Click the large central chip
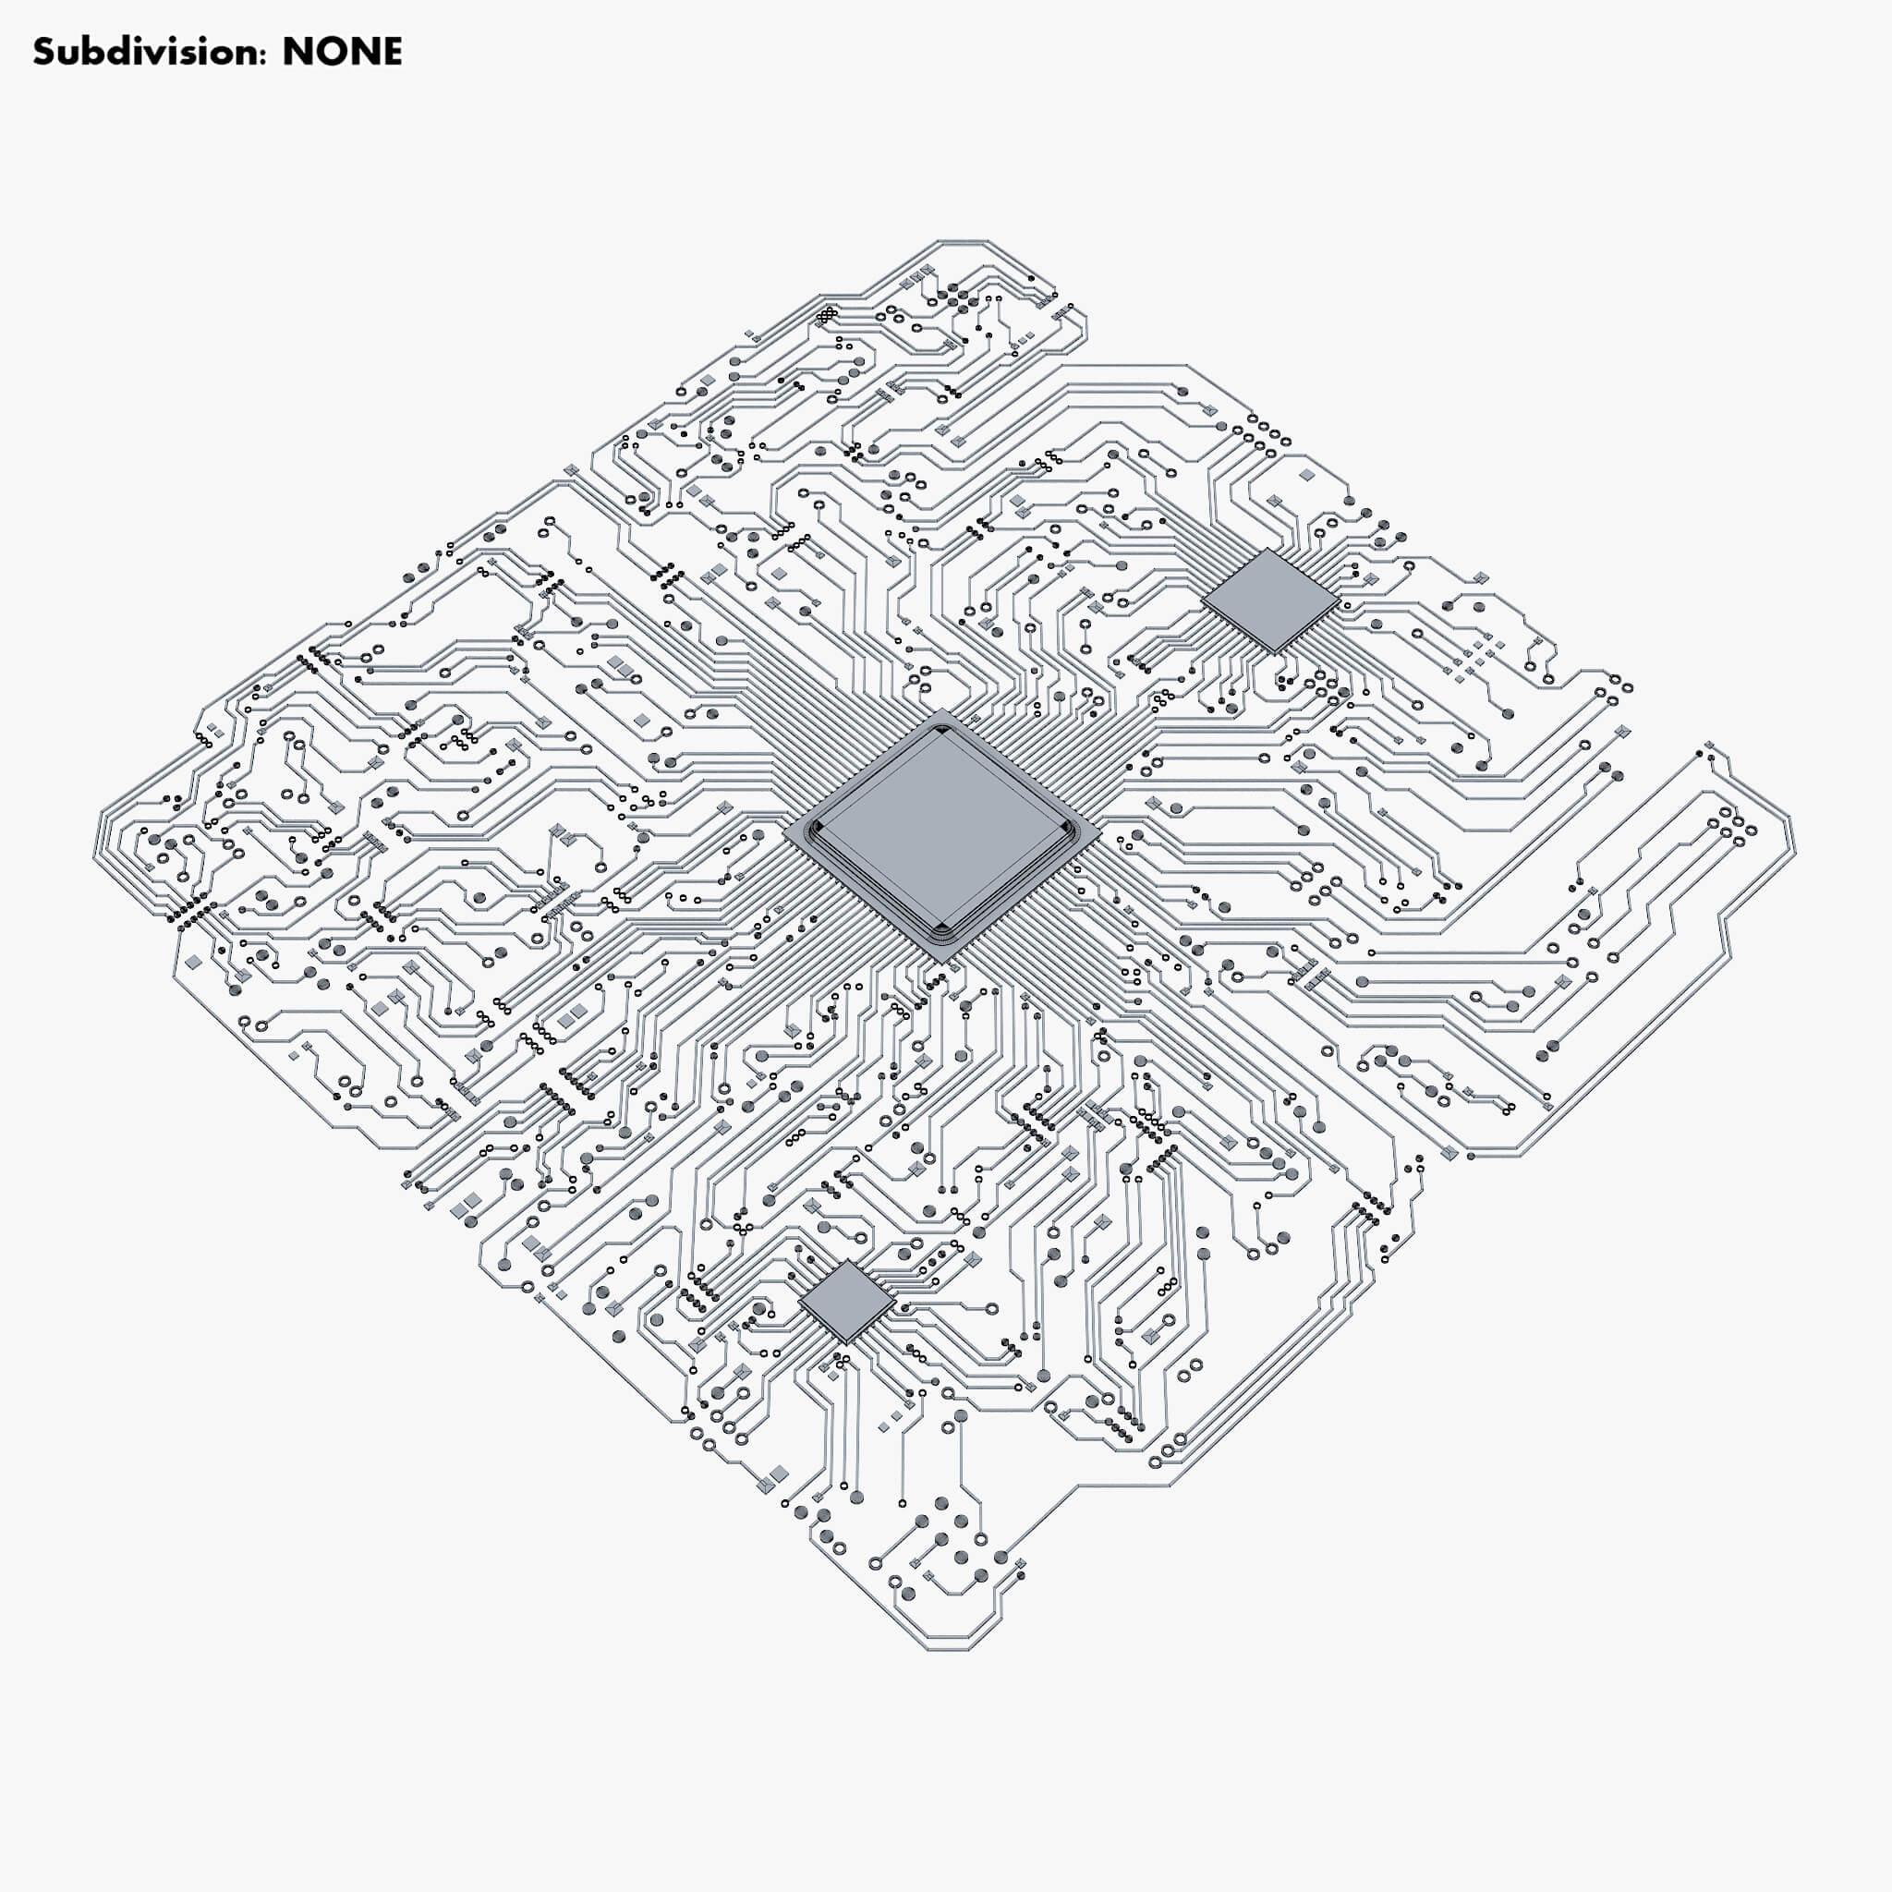(x=942, y=834)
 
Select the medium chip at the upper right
(x=1270, y=600)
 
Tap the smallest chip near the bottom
(x=846, y=1302)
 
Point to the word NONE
(x=342, y=52)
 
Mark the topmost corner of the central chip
(x=942, y=710)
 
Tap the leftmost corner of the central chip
(x=784, y=835)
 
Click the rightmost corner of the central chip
(x=1100, y=833)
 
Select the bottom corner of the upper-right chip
(x=1274, y=653)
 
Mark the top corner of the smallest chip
(x=847, y=1260)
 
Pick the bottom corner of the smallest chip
(x=846, y=1343)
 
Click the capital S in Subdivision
(x=43, y=52)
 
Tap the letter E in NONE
(x=390, y=52)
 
